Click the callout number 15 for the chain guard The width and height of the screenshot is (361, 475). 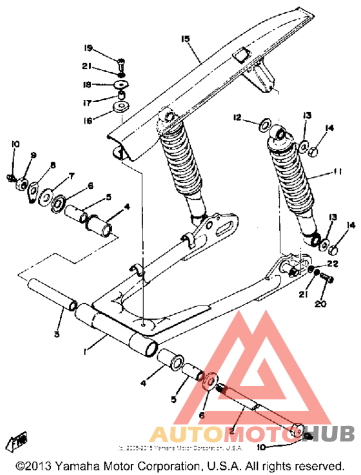tap(186, 39)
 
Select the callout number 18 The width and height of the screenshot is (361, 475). tap(88, 84)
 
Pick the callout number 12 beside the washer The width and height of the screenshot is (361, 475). tap(237, 118)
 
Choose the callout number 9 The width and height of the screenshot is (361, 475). tap(34, 155)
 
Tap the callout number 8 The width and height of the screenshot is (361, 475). tap(53, 165)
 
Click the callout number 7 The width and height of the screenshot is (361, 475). tap(71, 175)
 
